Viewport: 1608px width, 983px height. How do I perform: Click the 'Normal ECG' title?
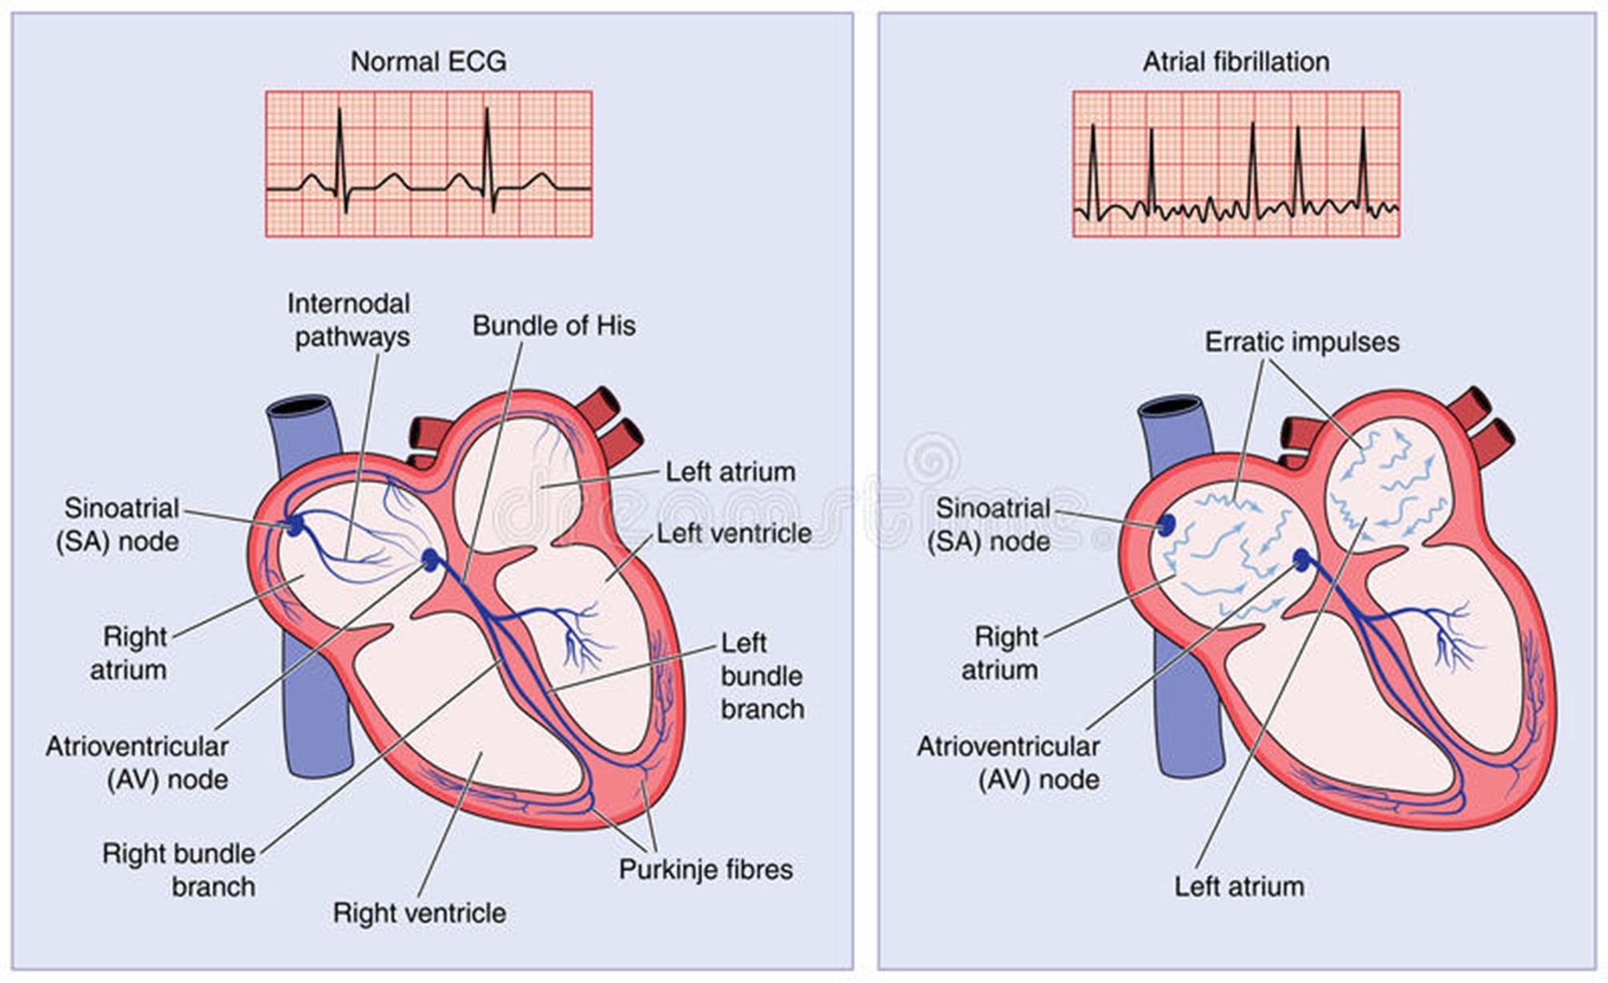[428, 62]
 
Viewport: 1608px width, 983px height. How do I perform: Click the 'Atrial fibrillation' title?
[1236, 62]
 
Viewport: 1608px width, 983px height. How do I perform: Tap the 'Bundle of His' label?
[553, 326]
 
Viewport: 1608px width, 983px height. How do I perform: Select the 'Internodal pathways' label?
[349, 320]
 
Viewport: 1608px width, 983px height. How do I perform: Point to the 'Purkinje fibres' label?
[706, 870]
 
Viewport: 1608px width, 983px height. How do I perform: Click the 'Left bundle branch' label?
[762, 676]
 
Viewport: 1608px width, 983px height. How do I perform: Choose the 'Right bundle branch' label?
[179, 870]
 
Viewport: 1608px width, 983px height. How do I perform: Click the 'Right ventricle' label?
[420, 913]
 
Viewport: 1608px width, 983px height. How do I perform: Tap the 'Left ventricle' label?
[734, 534]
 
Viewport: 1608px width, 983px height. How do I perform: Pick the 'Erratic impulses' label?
[1302, 342]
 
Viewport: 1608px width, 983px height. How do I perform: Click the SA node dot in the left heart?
[295, 526]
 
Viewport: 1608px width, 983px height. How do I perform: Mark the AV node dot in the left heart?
[430, 560]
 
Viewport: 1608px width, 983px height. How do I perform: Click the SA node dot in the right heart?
[1166, 526]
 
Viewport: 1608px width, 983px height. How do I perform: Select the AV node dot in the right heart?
[1301, 560]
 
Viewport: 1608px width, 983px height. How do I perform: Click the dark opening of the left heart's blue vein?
[301, 406]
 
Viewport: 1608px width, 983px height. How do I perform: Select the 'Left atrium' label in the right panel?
[1239, 887]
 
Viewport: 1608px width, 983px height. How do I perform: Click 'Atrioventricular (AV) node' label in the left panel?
[137, 763]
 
